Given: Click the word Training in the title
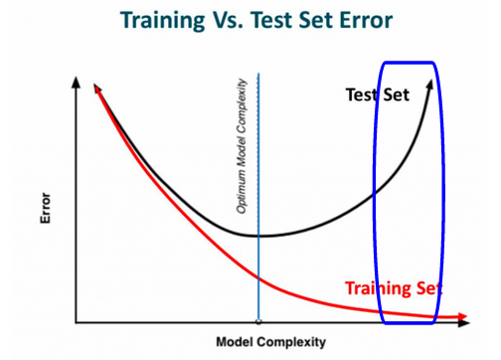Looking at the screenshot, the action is coord(162,21).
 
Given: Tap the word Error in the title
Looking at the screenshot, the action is coord(366,20).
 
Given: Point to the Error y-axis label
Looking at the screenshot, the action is coord(46,208).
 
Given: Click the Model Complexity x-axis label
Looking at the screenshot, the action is coord(271,342).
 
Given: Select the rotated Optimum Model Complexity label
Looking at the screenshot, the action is coord(242,146).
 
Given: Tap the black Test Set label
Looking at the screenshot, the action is coord(378,94).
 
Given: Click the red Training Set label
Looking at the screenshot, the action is coord(394,288).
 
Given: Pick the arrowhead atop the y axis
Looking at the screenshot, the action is coord(77,83).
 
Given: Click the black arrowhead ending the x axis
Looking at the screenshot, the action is coord(464,322).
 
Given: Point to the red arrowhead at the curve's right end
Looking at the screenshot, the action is coord(462,317).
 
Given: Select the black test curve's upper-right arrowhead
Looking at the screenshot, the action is coord(429,85).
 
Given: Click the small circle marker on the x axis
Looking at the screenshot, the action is coord(258,321).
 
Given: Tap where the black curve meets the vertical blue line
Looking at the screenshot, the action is coord(258,236).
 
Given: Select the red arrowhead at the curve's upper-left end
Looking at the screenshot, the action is coord(97,89).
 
